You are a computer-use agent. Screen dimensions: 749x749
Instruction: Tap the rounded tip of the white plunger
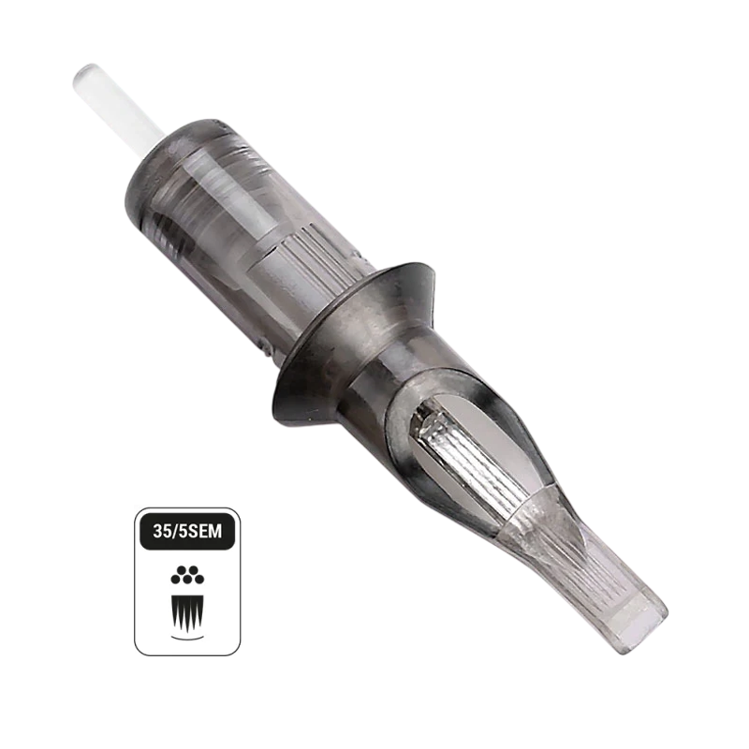82,73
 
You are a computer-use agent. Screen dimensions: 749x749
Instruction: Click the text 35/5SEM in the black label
187,531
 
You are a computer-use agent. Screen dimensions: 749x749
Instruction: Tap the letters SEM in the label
206,531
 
